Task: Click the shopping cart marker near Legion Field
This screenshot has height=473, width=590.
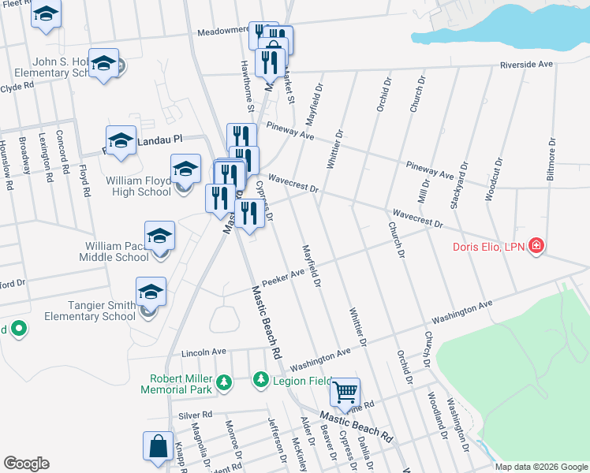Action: (345, 391)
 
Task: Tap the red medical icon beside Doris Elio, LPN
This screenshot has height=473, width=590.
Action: (536, 246)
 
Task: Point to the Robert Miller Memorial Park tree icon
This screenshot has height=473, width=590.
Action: (224, 382)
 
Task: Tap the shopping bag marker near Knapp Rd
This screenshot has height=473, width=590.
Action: (158, 445)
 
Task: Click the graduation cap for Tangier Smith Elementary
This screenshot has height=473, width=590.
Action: (151, 292)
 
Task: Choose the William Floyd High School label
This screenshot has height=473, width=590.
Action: (139, 186)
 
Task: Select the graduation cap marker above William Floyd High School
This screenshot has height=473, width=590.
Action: (186, 169)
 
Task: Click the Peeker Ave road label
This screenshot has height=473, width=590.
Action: (288, 275)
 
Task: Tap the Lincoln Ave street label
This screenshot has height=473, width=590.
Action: (204, 351)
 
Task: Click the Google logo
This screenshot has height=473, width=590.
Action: (26, 464)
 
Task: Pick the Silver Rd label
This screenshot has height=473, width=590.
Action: (196, 415)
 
